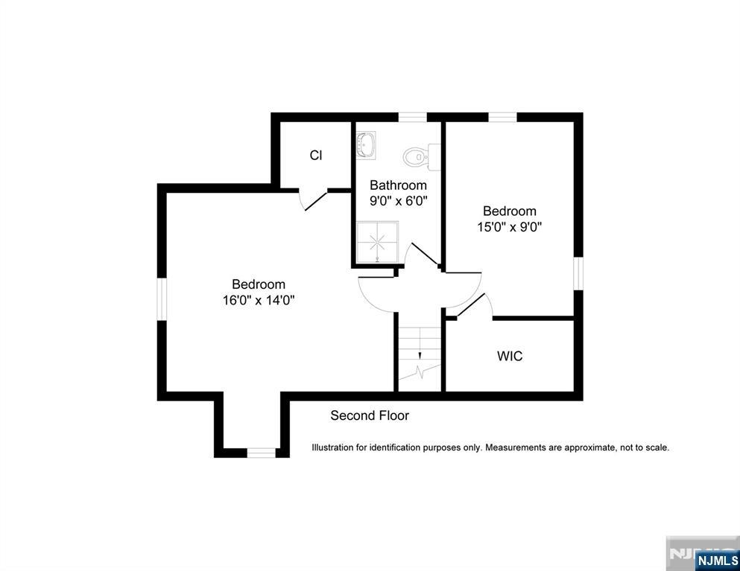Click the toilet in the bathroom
420,157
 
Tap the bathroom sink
365,145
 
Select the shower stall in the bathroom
377,241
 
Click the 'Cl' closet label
316,156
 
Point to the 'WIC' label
510,357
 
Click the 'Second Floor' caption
370,415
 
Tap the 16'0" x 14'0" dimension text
259,301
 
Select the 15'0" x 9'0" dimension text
509,227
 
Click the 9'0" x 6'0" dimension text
399,201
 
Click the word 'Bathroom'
399,185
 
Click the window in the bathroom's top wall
412,117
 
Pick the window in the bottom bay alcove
261,453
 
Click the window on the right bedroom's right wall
578,272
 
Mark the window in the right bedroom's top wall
502,117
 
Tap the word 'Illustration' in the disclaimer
333,447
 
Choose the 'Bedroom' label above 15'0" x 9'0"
509,211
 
